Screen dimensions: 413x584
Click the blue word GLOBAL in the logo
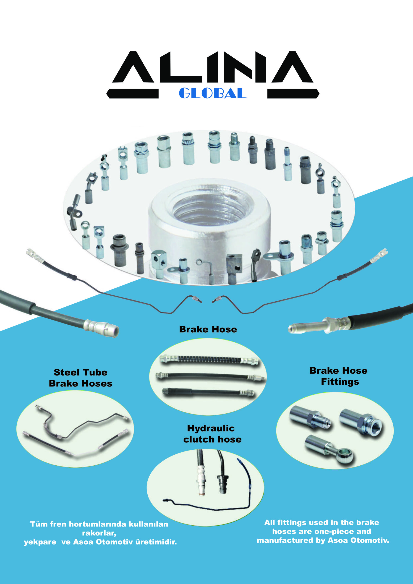click(213, 93)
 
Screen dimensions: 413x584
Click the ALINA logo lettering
click(213, 67)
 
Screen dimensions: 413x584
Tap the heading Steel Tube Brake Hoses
click(80, 378)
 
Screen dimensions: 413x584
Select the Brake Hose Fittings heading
click(338, 376)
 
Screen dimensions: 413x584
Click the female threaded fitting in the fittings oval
click(361, 422)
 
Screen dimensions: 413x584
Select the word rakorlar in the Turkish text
click(99, 533)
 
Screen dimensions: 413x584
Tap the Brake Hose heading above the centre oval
click(208, 329)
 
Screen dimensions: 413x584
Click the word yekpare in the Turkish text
click(40, 542)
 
